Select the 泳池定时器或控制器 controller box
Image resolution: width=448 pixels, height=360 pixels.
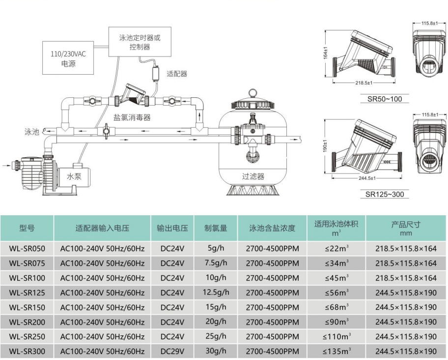140,42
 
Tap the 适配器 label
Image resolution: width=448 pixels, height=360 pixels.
177,74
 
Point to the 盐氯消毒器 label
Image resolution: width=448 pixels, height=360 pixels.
132,117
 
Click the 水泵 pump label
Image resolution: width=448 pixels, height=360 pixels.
74,176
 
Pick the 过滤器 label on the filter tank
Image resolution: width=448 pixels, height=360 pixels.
253,176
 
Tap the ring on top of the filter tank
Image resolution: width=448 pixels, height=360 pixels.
253,92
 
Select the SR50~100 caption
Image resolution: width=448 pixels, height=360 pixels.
384,99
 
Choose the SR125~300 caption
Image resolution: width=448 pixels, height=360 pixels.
385,194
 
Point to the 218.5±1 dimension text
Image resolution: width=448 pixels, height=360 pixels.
364,83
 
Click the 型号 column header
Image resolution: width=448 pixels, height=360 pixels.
27,228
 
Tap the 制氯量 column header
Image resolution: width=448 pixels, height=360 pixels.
216,228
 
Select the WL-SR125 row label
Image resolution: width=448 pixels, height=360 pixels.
27,293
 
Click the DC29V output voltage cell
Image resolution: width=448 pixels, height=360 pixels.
172,352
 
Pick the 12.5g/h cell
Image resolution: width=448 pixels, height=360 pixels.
216,293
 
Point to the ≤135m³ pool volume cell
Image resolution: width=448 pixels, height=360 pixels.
336,352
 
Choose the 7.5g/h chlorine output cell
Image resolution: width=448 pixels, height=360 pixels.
216,263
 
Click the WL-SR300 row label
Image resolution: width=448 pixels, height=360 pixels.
27,352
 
